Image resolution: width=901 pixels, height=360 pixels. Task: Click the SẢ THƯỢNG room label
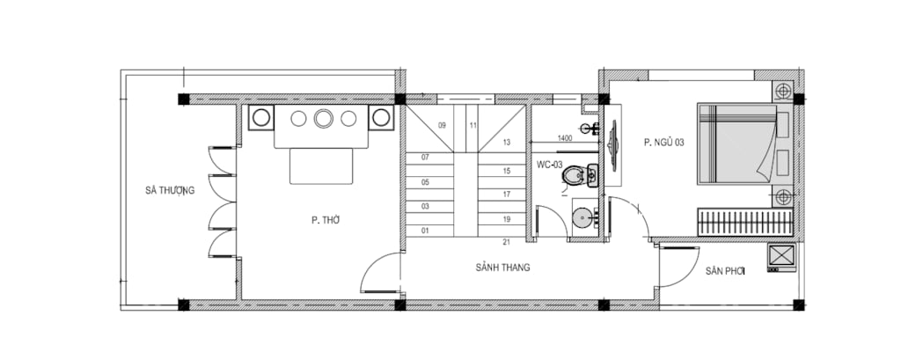(x=170, y=190)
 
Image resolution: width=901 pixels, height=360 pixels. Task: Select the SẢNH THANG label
(x=502, y=268)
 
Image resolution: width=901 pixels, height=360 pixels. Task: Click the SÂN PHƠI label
(x=725, y=271)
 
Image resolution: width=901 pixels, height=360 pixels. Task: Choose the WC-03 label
(x=549, y=165)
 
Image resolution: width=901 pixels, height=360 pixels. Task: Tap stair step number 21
(x=506, y=242)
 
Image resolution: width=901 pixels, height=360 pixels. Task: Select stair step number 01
(x=425, y=231)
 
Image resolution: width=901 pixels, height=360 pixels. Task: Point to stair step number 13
(x=506, y=142)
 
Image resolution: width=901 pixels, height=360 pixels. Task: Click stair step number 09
(x=442, y=125)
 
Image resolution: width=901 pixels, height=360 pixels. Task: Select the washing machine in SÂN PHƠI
(x=781, y=257)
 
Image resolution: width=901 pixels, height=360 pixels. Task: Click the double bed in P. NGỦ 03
(x=737, y=143)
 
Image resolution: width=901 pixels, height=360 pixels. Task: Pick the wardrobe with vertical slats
(x=745, y=223)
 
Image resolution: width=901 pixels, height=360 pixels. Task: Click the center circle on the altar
(x=324, y=119)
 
